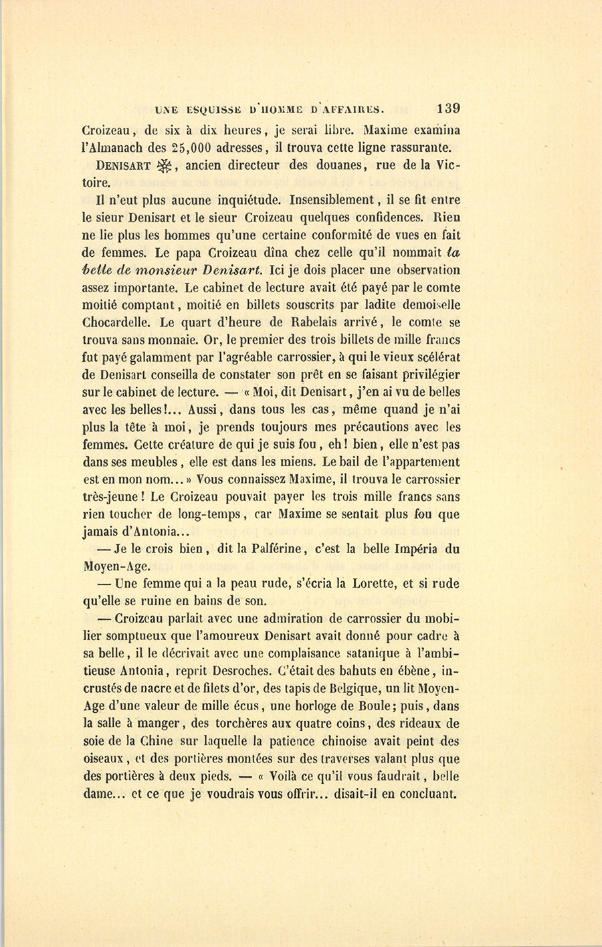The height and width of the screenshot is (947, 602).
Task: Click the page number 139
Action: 447,109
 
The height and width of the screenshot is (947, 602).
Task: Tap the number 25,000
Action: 194,148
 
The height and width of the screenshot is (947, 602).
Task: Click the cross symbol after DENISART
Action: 163,167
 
